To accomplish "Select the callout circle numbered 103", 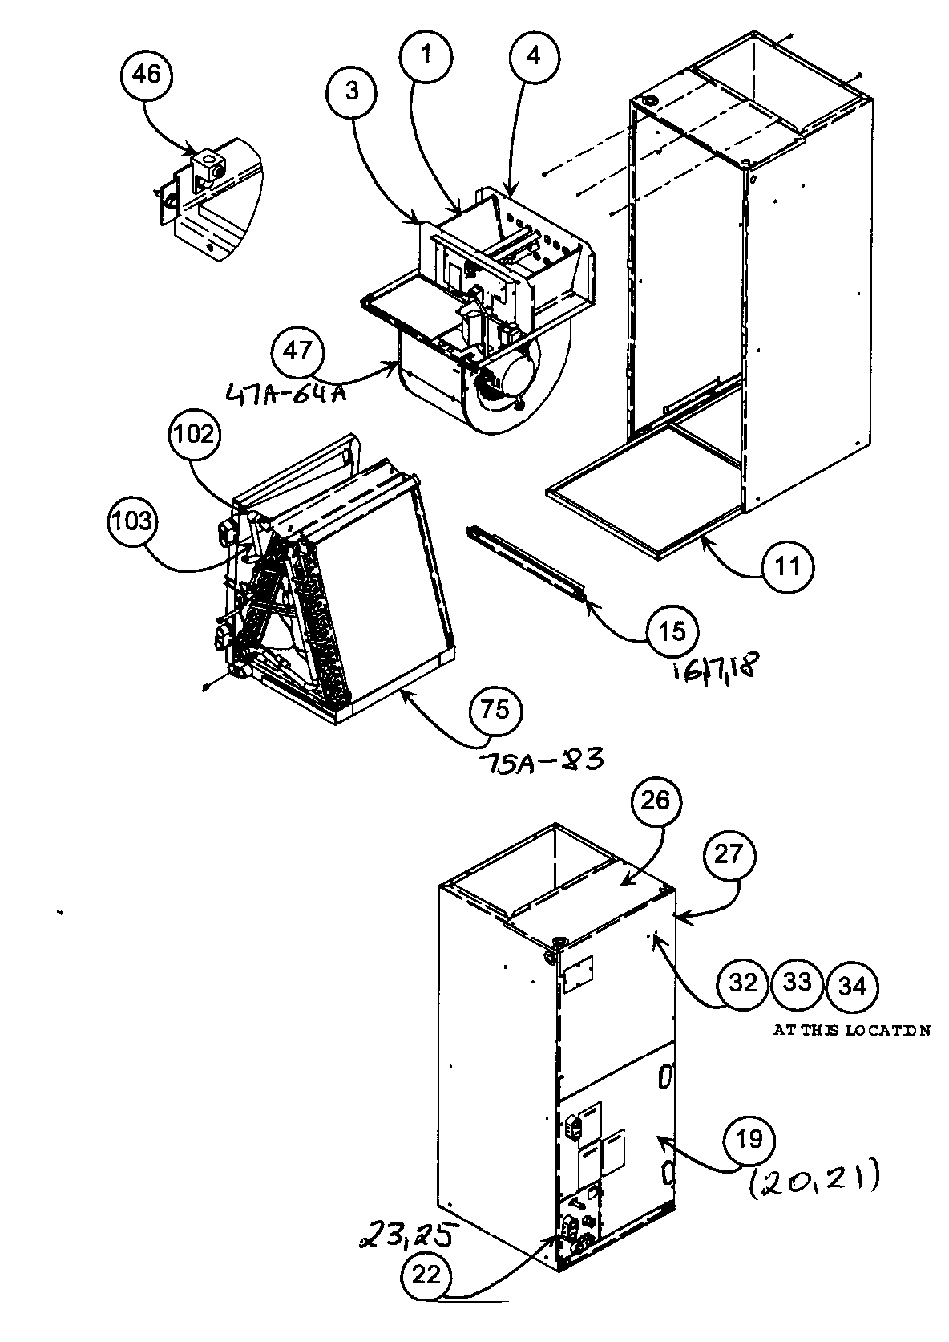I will pos(133,521).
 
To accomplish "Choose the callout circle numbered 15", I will pos(672,631).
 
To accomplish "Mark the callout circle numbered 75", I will pos(496,712).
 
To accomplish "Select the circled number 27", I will pos(729,856).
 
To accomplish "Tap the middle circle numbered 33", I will pos(797,983).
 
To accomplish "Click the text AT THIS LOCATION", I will pos(851,1031).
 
